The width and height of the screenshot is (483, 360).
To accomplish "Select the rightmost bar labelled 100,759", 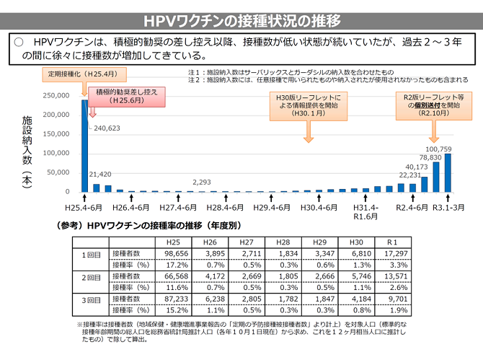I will (x=448, y=173).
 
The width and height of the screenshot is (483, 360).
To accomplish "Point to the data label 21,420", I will (x=99, y=175).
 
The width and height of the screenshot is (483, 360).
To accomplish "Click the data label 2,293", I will (x=202, y=183).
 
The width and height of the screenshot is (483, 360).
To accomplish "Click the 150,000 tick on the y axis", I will (x=58, y=133).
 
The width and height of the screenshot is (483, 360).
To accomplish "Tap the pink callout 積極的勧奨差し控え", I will (x=125, y=97).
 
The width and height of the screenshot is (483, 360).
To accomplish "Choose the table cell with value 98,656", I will (x=176, y=255).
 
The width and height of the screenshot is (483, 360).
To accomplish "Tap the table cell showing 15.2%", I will (x=176, y=309).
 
